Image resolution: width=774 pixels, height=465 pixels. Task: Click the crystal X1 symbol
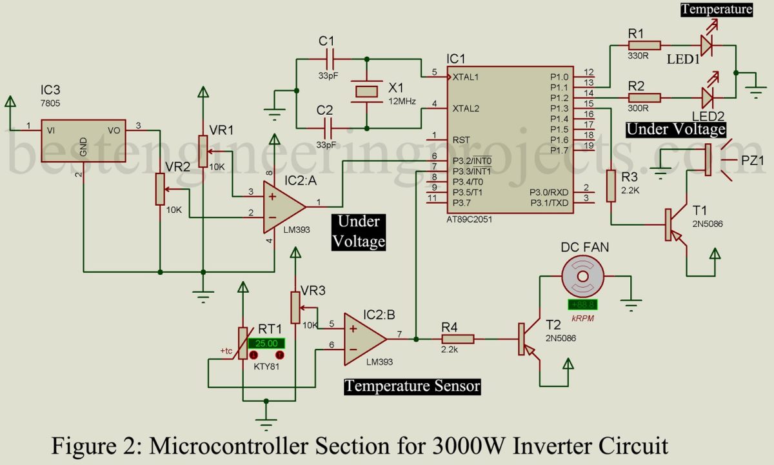(366, 92)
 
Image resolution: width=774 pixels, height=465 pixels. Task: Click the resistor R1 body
(645, 45)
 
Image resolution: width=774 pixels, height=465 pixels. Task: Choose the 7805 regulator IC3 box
(83, 140)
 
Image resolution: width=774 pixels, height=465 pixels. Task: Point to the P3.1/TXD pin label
(549, 203)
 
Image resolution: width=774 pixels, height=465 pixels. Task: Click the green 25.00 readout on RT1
(266, 344)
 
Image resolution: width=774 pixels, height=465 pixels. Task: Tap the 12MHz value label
(402, 102)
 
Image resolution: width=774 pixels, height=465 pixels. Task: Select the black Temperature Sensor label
(412, 386)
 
